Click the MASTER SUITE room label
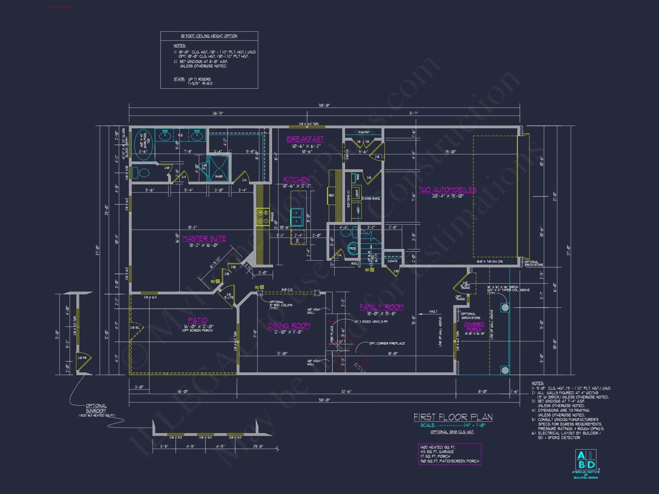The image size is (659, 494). pyautogui.click(x=204, y=238)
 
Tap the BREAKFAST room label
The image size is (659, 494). pyautogui.click(x=305, y=139)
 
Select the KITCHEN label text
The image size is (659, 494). pyautogui.click(x=297, y=179)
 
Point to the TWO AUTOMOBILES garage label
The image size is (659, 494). pyautogui.click(x=447, y=190)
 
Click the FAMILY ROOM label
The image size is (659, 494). pyautogui.click(x=382, y=307)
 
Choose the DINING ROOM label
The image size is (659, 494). pyautogui.click(x=289, y=326)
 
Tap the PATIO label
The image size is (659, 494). pyautogui.click(x=198, y=320)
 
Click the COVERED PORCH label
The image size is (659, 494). pyautogui.click(x=474, y=327)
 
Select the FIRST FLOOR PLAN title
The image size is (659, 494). pyautogui.click(x=453, y=417)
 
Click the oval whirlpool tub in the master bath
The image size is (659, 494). pyautogui.click(x=144, y=144)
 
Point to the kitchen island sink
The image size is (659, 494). pyautogui.click(x=297, y=217)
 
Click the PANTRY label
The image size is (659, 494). pyautogui.click(x=364, y=132)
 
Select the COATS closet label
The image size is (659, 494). pyautogui.click(x=392, y=261)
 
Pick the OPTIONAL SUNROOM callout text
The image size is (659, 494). pyautogui.click(x=96, y=408)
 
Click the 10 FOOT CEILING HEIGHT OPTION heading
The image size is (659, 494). pyautogui.click(x=209, y=36)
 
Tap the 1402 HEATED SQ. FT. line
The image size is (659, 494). pyautogui.click(x=438, y=447)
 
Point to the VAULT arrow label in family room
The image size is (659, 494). pyautogui.click(x=433, y=312)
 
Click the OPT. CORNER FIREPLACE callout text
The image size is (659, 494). pyautogui.click(x=387, y=343)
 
